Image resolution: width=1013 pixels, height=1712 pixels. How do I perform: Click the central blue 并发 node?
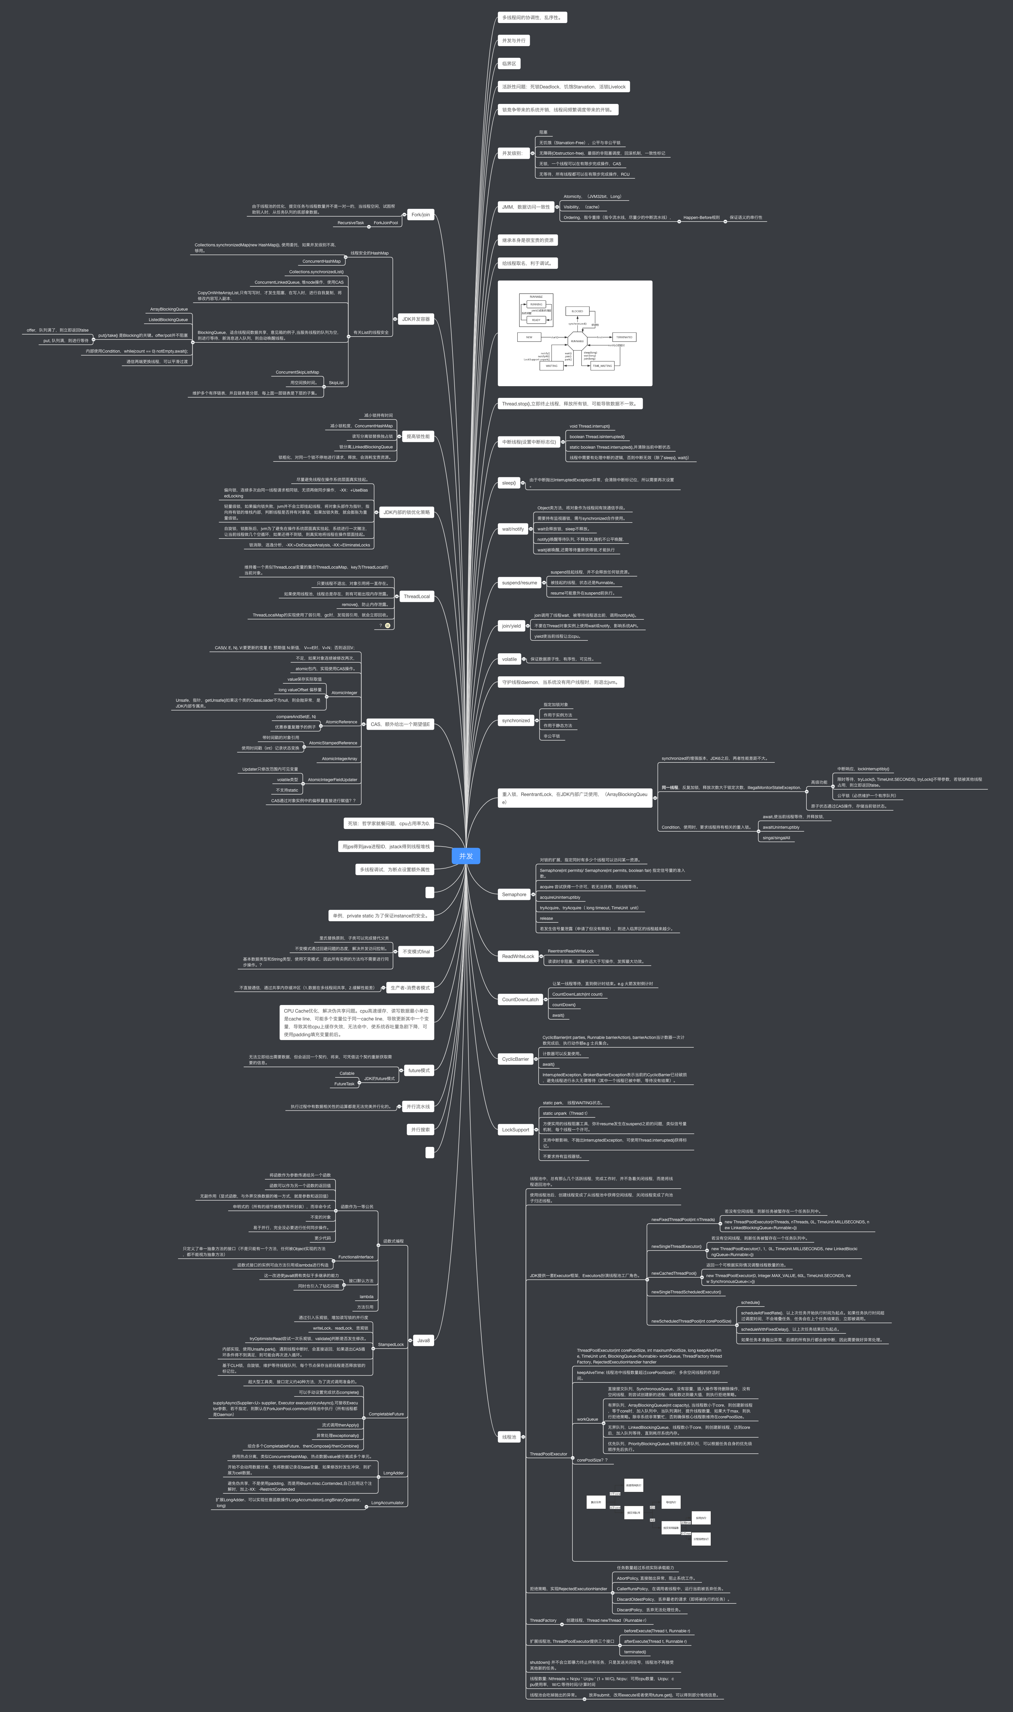coord(466,856)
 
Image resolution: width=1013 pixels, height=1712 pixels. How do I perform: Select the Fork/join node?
coord(420,215)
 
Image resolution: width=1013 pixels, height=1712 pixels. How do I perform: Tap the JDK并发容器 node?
coord(416,319)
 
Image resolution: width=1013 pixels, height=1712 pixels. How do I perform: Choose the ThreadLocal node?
coord(416,596)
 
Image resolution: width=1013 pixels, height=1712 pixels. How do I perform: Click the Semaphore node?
coord(514,894)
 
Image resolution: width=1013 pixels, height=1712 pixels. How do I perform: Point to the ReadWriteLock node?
coord(518,956)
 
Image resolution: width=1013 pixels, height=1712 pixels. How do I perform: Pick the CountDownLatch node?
coord(520,999)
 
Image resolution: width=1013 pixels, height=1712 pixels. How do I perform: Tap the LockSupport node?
coord(515,1129)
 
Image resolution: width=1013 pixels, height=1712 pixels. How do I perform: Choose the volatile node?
coord(509,659)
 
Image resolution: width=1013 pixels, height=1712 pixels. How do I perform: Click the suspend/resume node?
coord(519,583)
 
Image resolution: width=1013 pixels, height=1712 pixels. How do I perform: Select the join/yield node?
coord(511,626)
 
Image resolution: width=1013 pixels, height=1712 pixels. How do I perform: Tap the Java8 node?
coord(423,1340)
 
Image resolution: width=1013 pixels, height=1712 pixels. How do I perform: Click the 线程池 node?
coord(509,1437)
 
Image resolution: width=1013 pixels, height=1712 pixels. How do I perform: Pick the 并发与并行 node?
coord(514,40)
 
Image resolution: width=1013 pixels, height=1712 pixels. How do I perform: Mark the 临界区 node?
coord(509,64)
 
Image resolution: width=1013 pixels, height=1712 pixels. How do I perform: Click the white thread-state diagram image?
coord(575,333)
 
